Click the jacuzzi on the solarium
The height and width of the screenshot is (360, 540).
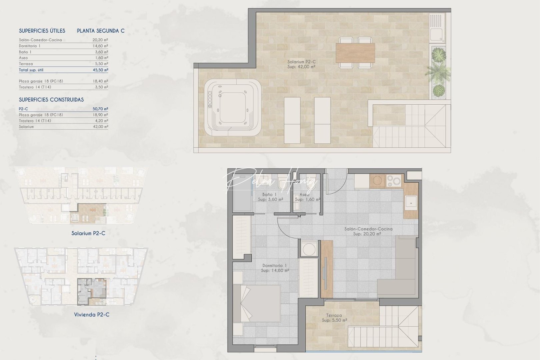232,107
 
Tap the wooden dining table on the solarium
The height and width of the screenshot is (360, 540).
355,53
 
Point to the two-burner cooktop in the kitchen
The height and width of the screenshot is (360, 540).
394,181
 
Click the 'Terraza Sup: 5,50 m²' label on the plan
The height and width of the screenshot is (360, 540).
334,318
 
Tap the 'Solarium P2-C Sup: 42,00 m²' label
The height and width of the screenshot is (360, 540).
301,64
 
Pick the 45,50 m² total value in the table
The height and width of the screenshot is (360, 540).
100,70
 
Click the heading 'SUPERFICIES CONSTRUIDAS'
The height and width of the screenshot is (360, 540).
51,100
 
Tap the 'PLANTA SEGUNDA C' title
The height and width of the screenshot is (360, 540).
101,31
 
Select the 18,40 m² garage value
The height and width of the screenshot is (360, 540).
100,81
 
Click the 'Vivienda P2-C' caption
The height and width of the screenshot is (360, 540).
92,314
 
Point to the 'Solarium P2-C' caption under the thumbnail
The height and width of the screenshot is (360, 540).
88,233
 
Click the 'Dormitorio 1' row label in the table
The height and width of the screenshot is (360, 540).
30,46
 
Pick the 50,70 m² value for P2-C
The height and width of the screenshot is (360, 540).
100,109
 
